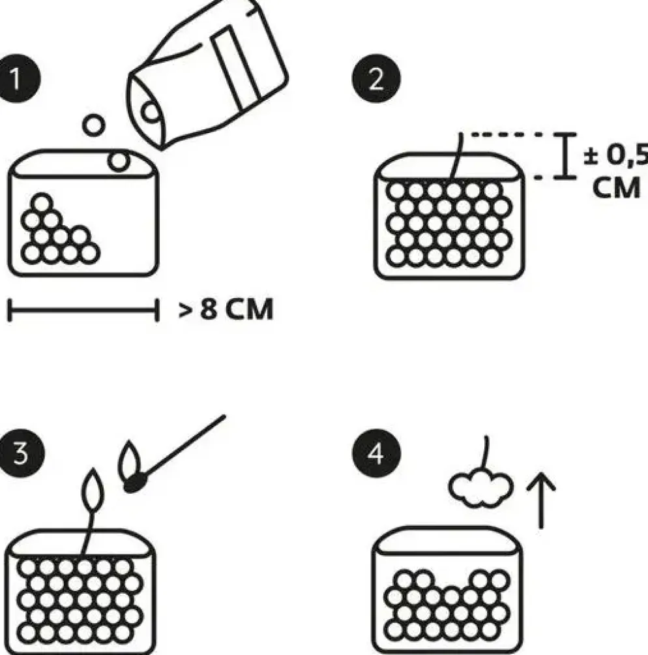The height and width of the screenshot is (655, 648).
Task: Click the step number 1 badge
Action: coord(17,78)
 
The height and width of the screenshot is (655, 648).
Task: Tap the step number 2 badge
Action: coord(376,78)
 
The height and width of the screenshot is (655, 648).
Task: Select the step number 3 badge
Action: coord(20,453)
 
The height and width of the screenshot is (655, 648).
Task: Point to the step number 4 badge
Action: coord(376,453)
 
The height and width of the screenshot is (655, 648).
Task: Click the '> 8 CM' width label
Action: coord(226,309)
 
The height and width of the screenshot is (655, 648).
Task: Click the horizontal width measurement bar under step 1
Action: coord(83,310)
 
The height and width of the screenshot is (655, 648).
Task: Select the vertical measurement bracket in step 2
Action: coord(566,156)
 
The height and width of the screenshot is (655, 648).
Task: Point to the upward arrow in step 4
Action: coord(541,500)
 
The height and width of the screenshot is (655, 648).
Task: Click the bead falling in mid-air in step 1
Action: coord(93,125)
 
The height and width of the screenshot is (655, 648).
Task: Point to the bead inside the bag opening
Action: coord(151,112)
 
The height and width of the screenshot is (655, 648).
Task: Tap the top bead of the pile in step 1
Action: coord(41,204)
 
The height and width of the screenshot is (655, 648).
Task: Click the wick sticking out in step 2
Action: coord(456,156)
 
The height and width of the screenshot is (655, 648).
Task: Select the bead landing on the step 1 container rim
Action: coord(119,161)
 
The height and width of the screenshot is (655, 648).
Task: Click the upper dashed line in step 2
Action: coord(507,134)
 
